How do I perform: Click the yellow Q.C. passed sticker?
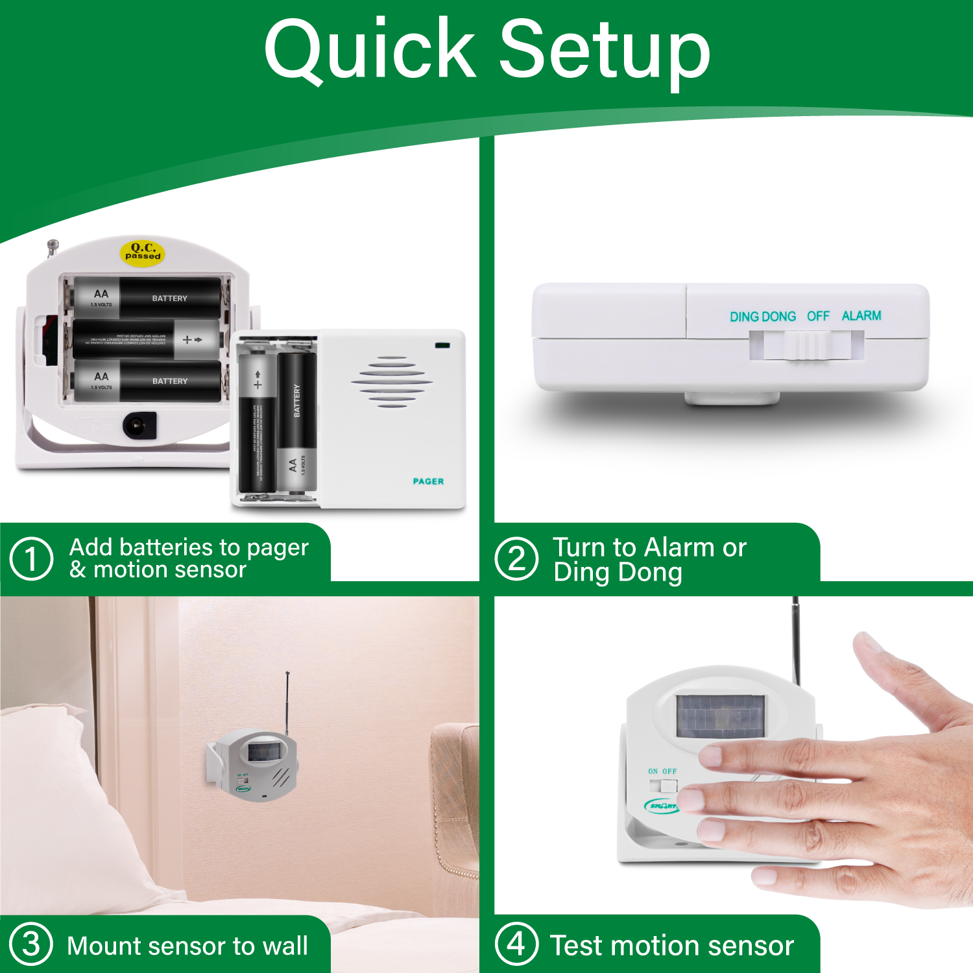(x=143, y=251)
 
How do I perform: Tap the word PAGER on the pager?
(x=428, y=481)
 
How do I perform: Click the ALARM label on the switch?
(x=861, y=316)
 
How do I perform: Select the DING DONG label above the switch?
(x=762, y=317)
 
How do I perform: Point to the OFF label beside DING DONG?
(x=818, y=316)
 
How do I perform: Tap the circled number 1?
(x=31, y=558)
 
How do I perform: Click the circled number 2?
(x=516, y=558)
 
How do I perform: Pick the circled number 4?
(x=516, y=944)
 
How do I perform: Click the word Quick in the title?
(x=370, y=51)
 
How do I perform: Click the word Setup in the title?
(x=605, y=52)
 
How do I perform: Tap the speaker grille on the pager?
(x=392, y=382)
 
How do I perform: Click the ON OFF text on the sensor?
(x=662, y=771)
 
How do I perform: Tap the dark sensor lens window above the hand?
(x=720, y=716)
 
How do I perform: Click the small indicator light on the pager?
(x=442, y=345)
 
